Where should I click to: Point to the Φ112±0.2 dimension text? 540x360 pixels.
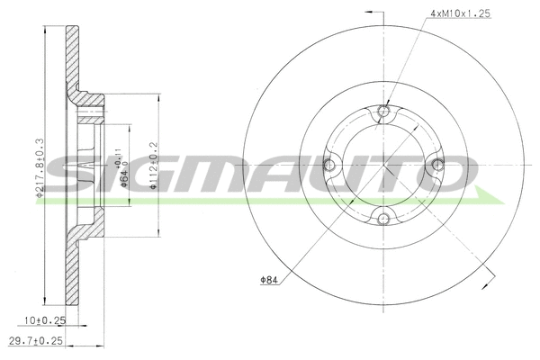154,165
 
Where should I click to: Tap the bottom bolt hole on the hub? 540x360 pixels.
383,217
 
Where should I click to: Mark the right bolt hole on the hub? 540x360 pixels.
437,164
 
